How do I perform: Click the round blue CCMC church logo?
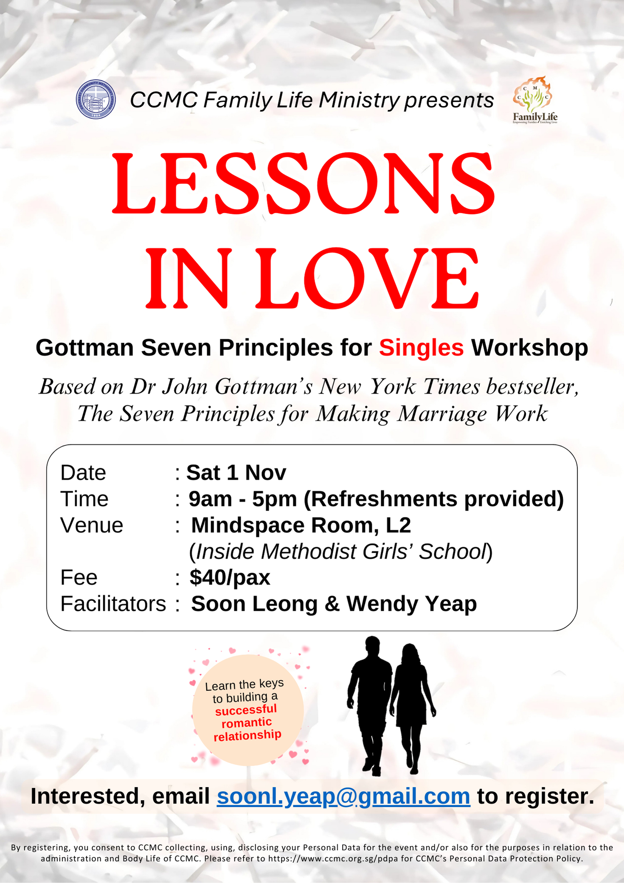[x=96, y=99]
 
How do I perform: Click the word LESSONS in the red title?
[x=303, y=183]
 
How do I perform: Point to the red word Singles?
[x=421, y=348]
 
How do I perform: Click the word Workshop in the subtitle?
[x=530, y=348]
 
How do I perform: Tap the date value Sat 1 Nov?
[x=236, y=472]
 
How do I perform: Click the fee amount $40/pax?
[x=230, y=577]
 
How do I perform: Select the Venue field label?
[x=92, y=525]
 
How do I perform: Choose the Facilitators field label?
[x=113, y=604]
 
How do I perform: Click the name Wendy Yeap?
[x=411, y=604]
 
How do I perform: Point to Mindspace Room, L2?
[x=301, y=526]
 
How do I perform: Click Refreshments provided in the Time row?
[x=434, y=499]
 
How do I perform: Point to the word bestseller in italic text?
[x=532, y=387]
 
